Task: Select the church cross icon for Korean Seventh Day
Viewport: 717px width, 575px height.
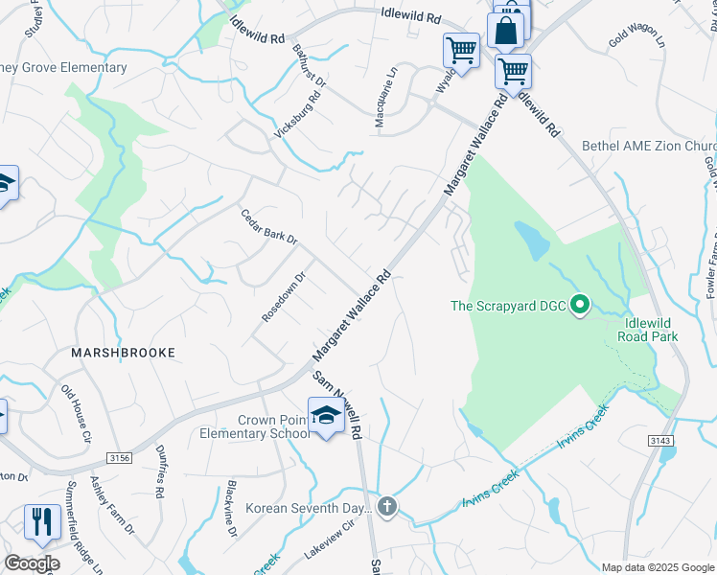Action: coord(386,507)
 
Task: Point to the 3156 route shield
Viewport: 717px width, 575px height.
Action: coord(119,459)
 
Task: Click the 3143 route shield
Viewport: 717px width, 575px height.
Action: coord(661,440)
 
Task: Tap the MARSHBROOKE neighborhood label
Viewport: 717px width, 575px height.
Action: coord(124,353)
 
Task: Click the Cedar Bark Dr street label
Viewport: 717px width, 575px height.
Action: coord(269,226)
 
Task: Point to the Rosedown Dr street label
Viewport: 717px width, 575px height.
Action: coord(284,297)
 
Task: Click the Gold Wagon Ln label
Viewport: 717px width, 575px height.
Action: coord(636,43)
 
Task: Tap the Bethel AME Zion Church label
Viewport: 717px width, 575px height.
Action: coord(649,146)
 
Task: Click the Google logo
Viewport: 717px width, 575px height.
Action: coord(32,563)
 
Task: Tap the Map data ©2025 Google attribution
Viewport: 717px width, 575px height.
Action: coord(657,567)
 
